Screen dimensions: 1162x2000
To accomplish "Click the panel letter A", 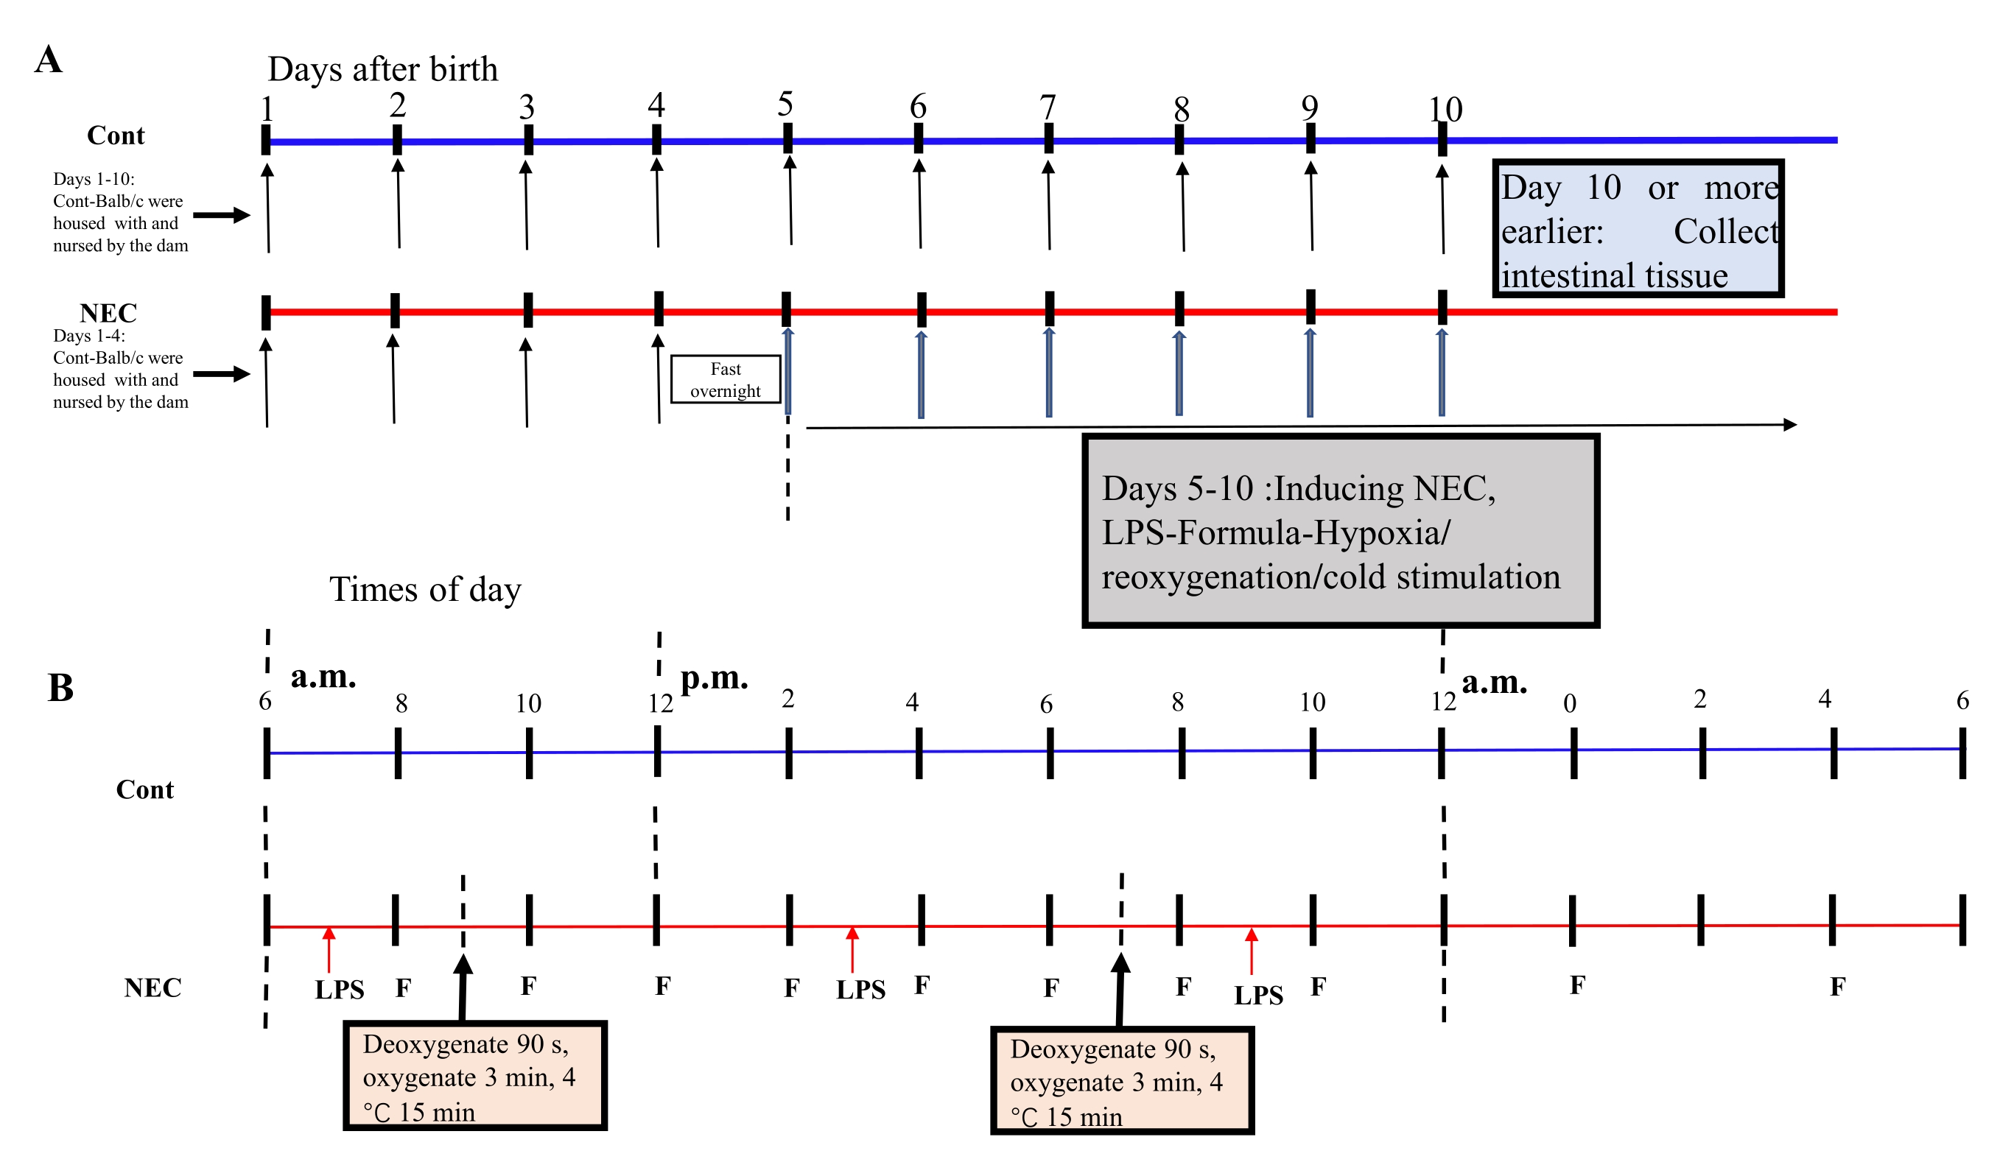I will (x=49, y=60).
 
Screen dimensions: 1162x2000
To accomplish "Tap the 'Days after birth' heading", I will (x=382, y=70).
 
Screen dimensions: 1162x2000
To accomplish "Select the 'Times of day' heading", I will (x=425, y=590).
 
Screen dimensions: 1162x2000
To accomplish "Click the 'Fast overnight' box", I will (x=726, y=380).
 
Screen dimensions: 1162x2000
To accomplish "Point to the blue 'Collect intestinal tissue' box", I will (x=1638, y=229).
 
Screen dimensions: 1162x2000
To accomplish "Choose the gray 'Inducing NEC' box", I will (x=1341, y=532).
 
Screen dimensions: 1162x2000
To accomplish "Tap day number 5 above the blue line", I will (x=785, y=105).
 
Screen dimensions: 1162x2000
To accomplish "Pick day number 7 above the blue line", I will (x=1048, y=108).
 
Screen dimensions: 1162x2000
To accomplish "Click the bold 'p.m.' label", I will (x=715, y=678).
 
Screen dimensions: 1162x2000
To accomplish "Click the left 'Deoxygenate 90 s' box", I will (x=474, y=1077).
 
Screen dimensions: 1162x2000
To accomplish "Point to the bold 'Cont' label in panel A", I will (x=116, y=136).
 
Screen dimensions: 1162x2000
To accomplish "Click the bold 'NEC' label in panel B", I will (x=152, y=988).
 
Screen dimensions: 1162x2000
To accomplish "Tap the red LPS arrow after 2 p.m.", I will (x=852, y=949).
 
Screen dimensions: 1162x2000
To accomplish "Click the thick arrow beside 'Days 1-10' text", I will (x=222, y=215).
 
